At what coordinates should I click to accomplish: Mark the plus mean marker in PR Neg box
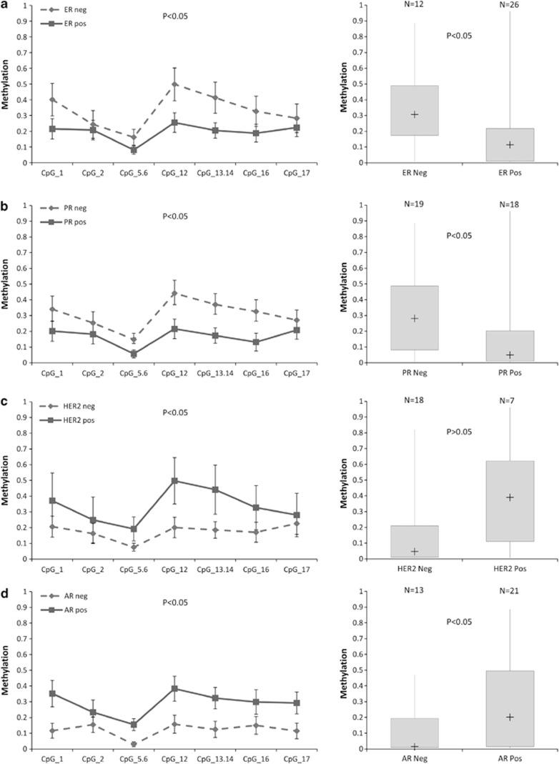point(415,318)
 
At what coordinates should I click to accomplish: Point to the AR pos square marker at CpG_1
point(53,693)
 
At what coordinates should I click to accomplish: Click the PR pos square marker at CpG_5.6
point(134,354)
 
